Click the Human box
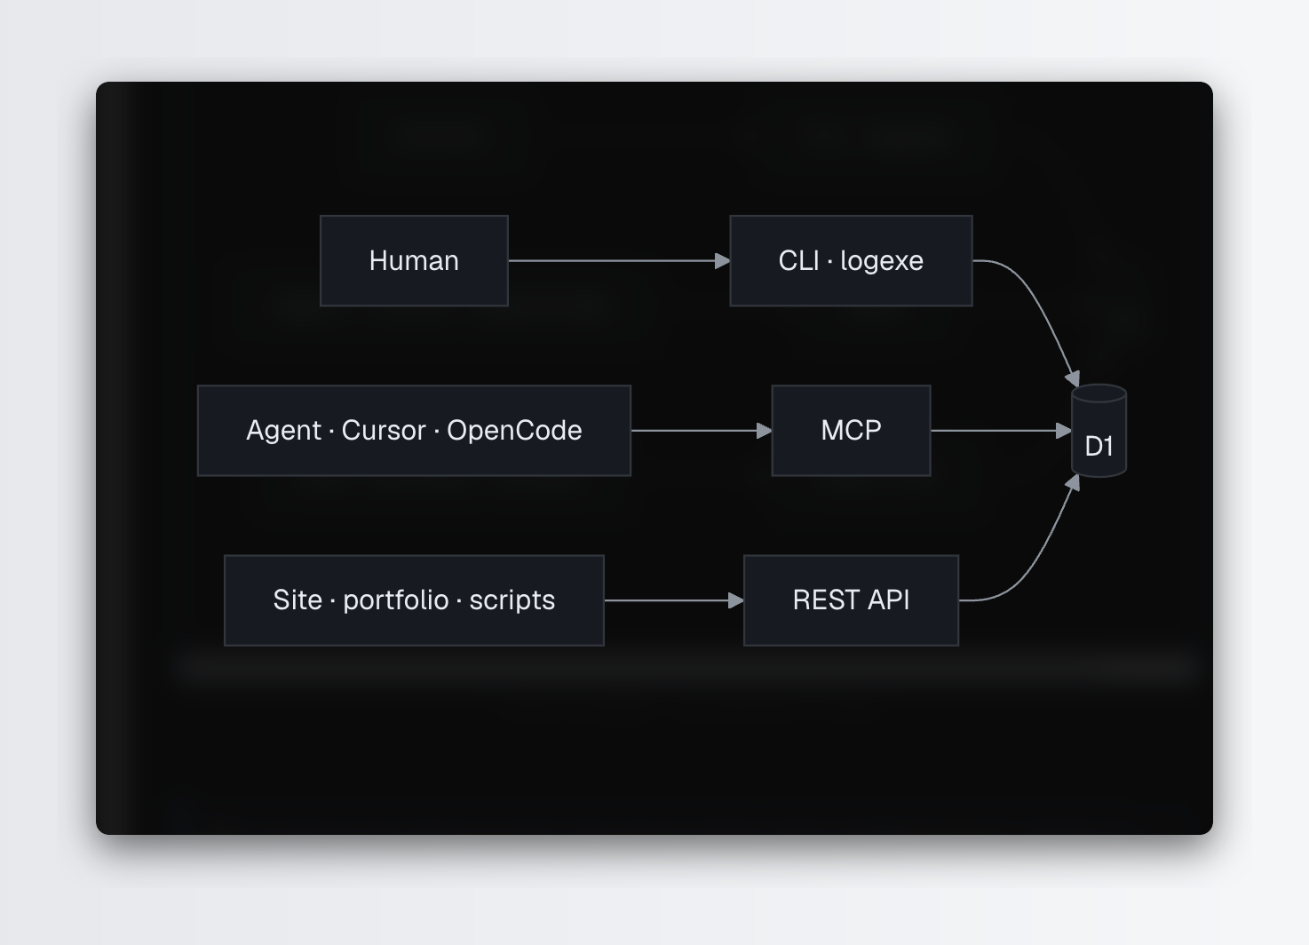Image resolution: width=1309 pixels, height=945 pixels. click(414, 260)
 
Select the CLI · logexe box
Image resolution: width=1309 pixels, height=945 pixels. click(851, 260)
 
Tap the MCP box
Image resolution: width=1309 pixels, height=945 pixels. click(851, 431)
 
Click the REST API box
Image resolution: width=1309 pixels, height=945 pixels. click(851, 600)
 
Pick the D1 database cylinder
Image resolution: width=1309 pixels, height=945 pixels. click(1099, 431)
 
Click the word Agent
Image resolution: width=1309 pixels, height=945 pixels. click(283, 432)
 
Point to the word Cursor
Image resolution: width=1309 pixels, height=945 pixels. click(384, 431)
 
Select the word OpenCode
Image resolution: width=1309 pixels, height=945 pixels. click(514, 432)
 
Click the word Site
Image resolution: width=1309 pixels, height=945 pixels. click(297, 600)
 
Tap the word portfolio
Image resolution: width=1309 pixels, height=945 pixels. click(395, 600)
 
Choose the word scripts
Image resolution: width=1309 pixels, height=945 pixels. click(512, 601)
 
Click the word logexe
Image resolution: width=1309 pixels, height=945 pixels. click(882, 261)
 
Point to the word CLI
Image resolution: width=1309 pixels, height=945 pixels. click(799, 260)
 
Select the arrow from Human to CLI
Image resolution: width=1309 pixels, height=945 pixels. click(619, 260)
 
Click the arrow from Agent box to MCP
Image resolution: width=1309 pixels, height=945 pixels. click(702, 431)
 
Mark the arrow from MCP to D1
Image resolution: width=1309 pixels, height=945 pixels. click(1001, 431)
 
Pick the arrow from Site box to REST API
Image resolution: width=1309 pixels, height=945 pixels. click(674, 600)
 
